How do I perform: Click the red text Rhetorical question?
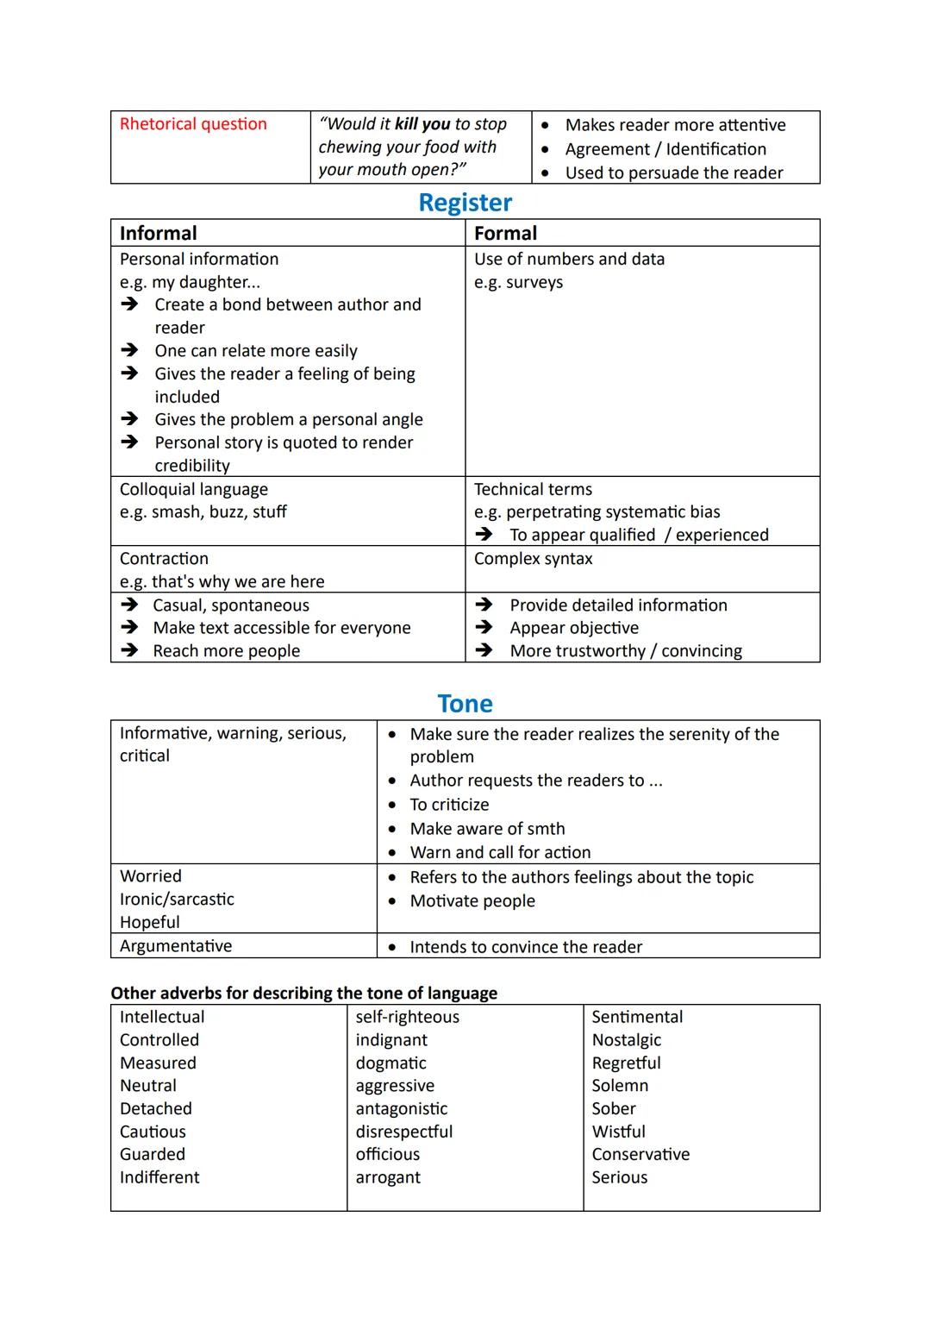pos(193,124)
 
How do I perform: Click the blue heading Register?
pos(465,203)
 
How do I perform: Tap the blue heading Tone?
pos(465,704)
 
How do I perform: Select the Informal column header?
pos(158,234)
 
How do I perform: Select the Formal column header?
pos(505,234)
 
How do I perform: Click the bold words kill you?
pos(422,124)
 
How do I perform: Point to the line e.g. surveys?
pos(518,283)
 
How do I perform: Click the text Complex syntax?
pos(533,559)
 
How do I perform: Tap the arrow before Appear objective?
pos(484,628)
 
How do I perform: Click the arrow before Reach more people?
pos(129,651)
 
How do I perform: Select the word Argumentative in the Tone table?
pos(176,946)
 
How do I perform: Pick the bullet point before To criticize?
pos(392,806)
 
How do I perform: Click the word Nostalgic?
pos(626,1040)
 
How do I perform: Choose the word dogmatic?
pos(391,1063)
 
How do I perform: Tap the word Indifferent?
pos(159,1177)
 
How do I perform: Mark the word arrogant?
pos(388,1177)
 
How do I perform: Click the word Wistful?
pos(618,1132)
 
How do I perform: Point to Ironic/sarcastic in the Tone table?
pos(177,899)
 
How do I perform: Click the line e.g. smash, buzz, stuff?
pos(203,512)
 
